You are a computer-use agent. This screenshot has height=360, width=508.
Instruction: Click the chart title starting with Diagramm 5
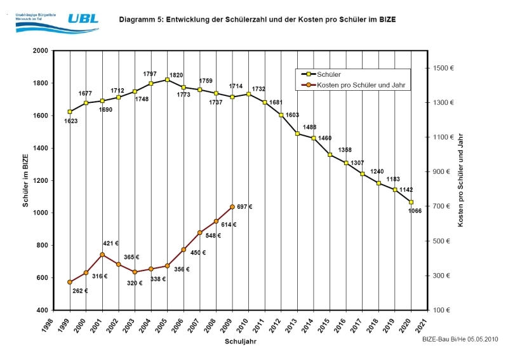tap(257, 20)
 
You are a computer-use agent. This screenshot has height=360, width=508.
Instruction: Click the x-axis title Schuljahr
tap(240, 342)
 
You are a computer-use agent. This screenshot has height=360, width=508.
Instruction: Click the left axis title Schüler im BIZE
tap(25, 180)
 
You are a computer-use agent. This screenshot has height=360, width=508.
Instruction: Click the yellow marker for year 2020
tap(411, 203)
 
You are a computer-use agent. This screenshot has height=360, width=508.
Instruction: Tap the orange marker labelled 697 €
tap(232, 207)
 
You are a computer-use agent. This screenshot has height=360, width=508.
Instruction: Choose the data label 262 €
tap(81, 291)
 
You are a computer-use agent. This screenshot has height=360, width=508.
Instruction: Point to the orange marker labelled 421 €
tap(102, 255)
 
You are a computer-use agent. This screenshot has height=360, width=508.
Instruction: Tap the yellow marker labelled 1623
tap(70, 112)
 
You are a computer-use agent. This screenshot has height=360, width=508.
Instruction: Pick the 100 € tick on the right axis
tap(443, 310)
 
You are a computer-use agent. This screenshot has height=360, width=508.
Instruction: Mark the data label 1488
tap(309, 126)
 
